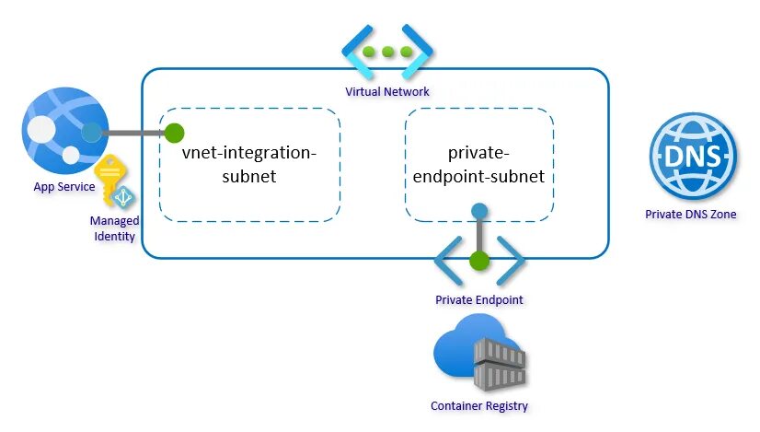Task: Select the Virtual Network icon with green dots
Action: click(387, 52)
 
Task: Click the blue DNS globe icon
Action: click(693, 156)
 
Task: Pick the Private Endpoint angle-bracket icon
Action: click(478, 262)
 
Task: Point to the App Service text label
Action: click(64, 187)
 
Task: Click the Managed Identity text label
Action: click(114, 228)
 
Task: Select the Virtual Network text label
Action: click(387, 91)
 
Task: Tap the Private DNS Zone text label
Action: click(691, 215)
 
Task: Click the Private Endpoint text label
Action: click(478, 300)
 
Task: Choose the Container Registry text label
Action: click(479, 405)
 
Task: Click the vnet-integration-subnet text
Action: click(249, 164)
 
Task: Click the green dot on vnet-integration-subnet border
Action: click(175, 134)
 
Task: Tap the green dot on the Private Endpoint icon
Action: click(478, 261)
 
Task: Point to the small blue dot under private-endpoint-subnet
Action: click(478, 211)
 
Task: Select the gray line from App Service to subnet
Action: click(133, 134)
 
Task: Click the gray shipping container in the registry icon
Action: click(499, 363)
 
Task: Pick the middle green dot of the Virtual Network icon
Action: click(387, 52)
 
